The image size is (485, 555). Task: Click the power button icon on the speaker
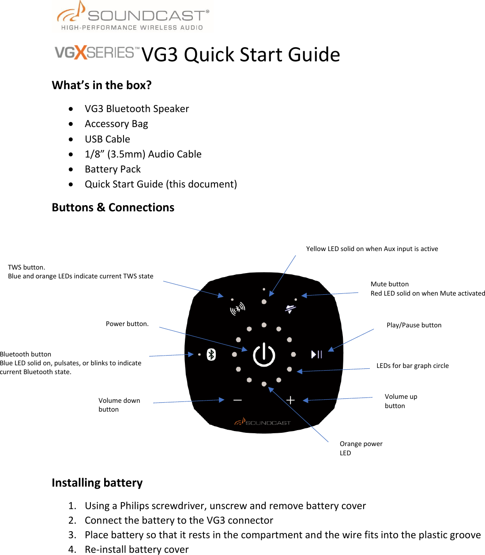pyautogui.click(x=264, y=354)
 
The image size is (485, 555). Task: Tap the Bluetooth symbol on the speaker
pyautogui.click(x=211, y=354)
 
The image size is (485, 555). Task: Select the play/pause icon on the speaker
pyautogui.click(x=316, y=354)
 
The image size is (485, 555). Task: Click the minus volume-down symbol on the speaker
pyautogui.click(x=237, y=400)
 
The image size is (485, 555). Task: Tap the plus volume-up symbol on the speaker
pyautogui.click(x=290, y=400)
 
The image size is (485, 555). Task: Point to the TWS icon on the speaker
pyautogui.click(x=237, y=308)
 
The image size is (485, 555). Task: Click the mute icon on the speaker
pyautogui.click(x=290, y=309)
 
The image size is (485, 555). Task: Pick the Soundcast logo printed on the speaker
pyautogui.click(x=263, y=422)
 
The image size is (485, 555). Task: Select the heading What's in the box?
pyautogui.click(x=102, y=85)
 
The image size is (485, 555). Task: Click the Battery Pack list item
pyautogui.click(x=113, y=169)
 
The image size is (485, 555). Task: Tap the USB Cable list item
pyautogui.click(x=107, y=139)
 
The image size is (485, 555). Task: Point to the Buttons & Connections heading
pyautogui.click(x=113, y=207)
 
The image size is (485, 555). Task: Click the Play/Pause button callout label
pyautogui.click(x=414, y=325)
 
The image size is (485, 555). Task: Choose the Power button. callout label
pyautogui.click(x=127, y=324)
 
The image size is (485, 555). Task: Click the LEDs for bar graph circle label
pyautogui.click(x=412, y=366)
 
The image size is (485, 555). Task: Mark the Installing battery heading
pyautogui.click(x=97, y=483)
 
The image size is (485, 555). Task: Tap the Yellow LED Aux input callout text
pyautogui.click(x=372, y=249)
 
